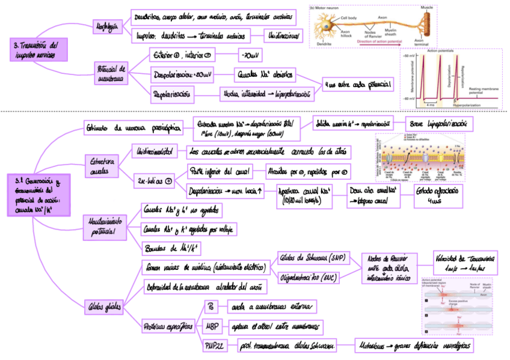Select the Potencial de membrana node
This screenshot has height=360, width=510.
tap(111, 73)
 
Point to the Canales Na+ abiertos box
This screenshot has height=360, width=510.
tap(264, 75)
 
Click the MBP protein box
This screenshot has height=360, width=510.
tap(212, 326)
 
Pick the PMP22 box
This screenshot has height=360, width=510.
tap(215, 346)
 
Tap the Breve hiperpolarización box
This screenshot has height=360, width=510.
tap(438, 123)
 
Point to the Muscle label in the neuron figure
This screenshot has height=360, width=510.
tap(427, 8)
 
